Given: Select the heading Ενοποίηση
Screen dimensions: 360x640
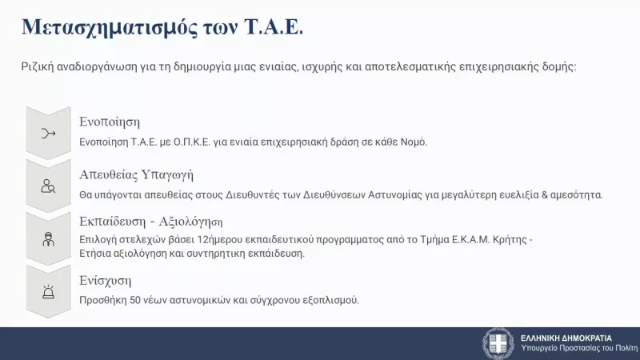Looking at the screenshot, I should pos(110,122).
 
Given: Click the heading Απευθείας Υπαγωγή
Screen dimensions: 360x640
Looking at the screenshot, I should pos(136,175).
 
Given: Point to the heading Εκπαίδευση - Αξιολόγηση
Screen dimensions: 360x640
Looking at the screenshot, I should pos(151,222).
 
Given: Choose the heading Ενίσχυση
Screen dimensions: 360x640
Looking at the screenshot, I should pos(105,281).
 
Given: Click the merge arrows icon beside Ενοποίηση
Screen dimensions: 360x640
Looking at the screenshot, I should pos(49,133).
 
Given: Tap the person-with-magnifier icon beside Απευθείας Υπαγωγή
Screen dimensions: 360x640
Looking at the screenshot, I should pos(49,186).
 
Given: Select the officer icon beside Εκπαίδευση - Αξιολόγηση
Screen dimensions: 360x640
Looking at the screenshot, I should pos(49,238).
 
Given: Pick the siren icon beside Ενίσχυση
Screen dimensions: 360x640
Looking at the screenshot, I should pos(49,291).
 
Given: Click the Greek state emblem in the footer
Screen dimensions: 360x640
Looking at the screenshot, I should pos(498,343).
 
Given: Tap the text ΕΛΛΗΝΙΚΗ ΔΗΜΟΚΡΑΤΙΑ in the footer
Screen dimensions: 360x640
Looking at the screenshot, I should pos(566,338).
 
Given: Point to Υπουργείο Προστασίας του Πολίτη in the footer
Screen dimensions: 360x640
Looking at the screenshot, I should pos(578,350).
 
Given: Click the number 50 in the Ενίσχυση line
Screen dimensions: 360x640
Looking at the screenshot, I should pos(134,300).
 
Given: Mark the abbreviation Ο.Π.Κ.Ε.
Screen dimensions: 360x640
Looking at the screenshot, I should pos(207,142).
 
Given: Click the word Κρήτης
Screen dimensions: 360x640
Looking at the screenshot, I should pos(508,239).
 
